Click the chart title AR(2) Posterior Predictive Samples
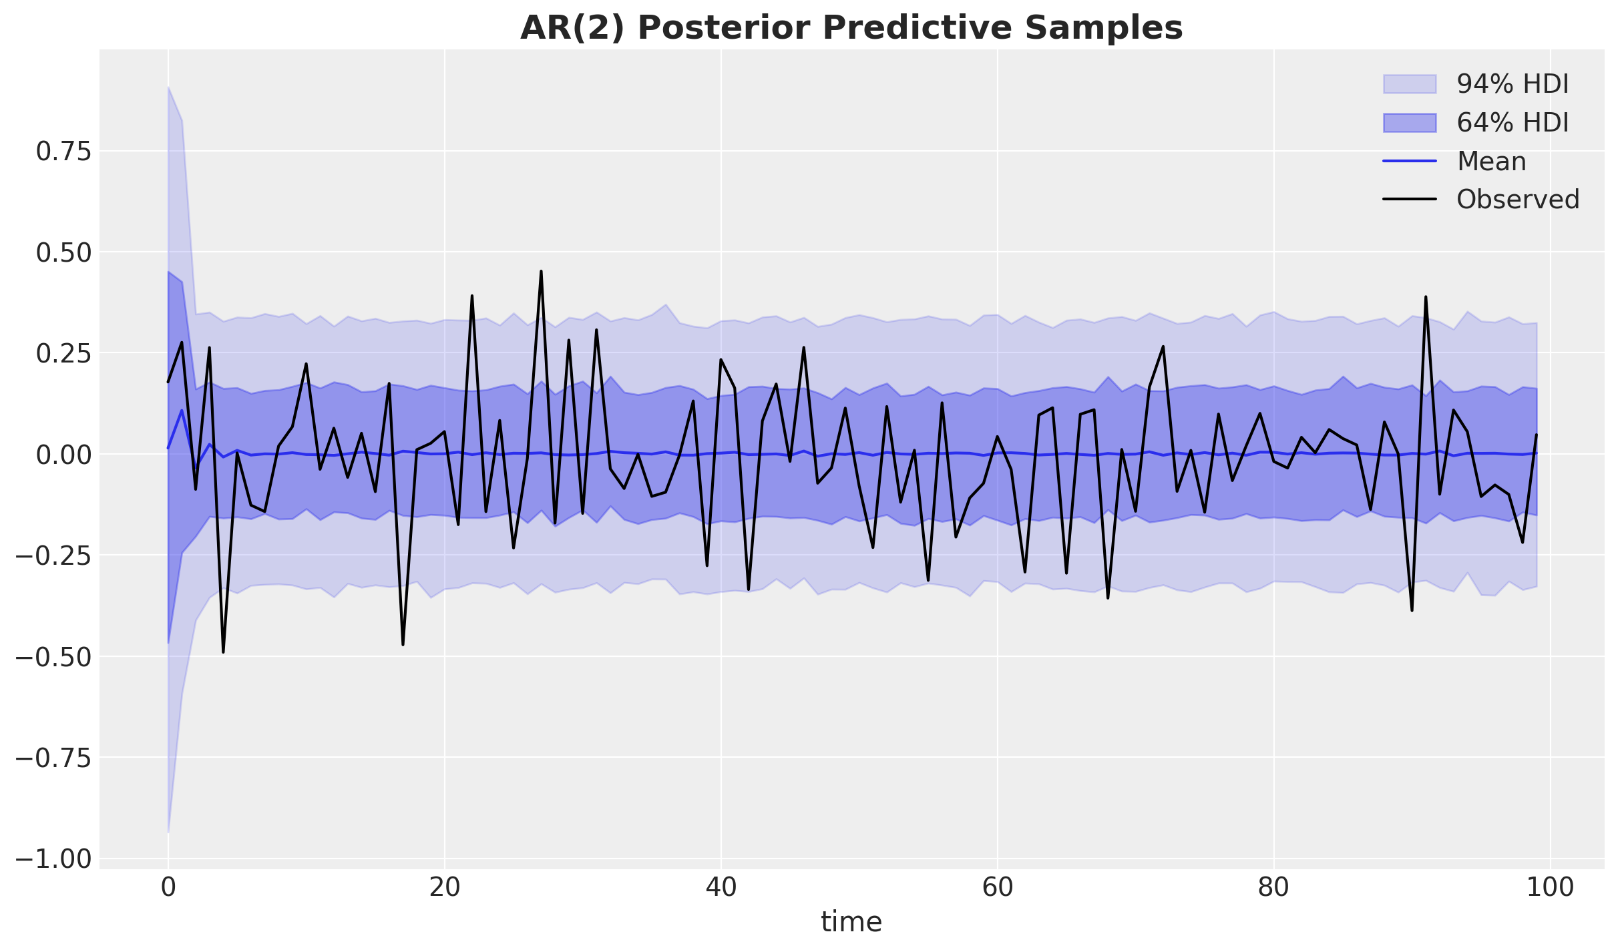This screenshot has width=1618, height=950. pos(851,28)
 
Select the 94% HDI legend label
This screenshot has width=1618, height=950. pos(1512,84)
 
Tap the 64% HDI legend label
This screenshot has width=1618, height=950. pos(1512,123)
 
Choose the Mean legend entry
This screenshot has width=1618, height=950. pos(1491,162)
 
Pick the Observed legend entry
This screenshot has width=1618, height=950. pos(1518,200)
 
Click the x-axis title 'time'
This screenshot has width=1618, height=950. pos(851,922)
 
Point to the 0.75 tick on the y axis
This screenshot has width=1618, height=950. pos(63,152)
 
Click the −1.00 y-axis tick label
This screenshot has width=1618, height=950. pos(56,859)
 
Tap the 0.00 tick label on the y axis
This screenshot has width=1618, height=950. pos(63,455)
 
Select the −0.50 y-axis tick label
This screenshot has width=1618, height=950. pos(56,657)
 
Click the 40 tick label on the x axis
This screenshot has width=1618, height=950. pos(721,888)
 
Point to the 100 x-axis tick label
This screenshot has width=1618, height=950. pos(1550,888)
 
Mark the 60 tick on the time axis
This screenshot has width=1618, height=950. pos(997,888)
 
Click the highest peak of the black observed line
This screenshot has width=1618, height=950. pos(541,271)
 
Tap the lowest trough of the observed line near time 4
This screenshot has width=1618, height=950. pos(223,652)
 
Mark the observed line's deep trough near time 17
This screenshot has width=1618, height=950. pos(403,644)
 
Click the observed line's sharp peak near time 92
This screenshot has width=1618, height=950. pos(1426,296)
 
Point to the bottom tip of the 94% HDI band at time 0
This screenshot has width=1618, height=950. pos(168,832)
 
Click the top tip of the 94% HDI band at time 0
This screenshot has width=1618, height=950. pos(168,87)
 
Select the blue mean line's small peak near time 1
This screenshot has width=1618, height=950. pos(182,410)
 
